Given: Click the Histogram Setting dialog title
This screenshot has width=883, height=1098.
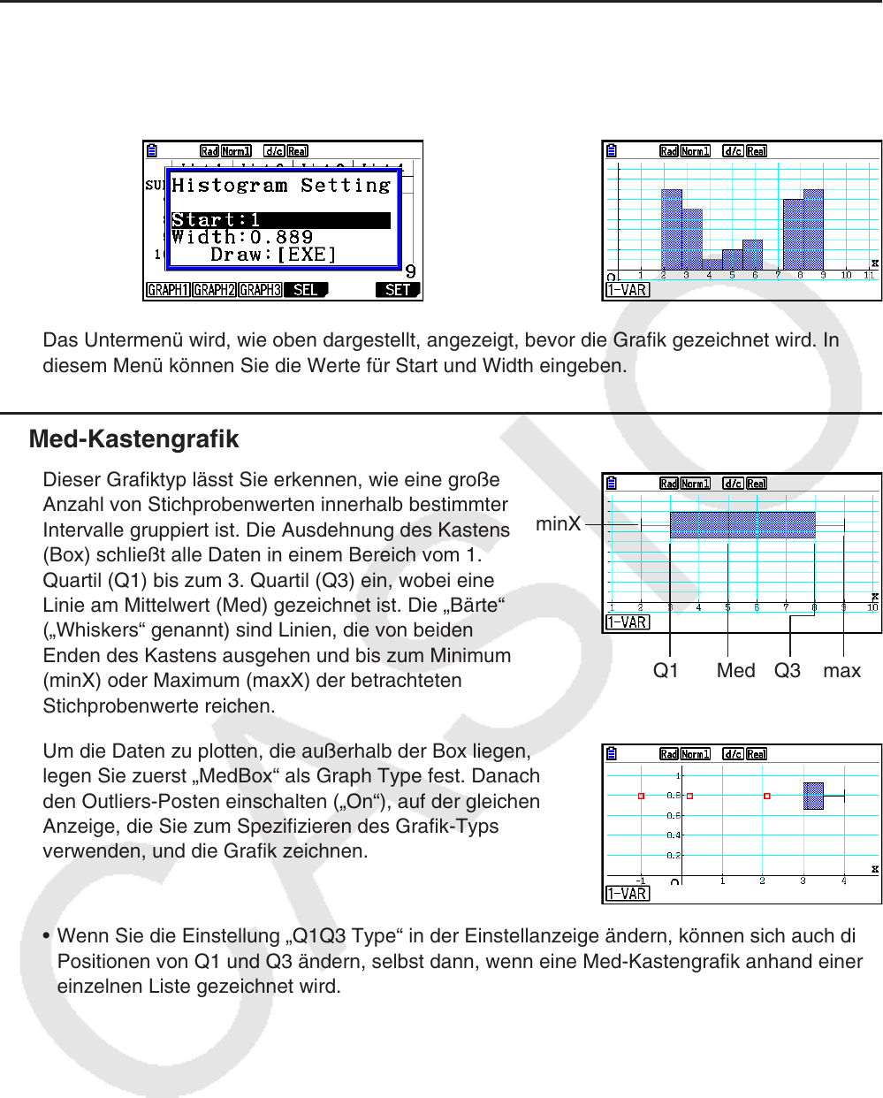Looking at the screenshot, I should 281,186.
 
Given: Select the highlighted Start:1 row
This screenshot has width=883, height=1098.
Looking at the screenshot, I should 280,220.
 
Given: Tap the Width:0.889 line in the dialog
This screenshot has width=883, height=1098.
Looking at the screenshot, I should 243,237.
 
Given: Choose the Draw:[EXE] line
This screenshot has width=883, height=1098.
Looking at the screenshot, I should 274,255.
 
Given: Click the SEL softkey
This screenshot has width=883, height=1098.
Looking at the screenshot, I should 306,290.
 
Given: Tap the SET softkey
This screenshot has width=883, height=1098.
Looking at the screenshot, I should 398,290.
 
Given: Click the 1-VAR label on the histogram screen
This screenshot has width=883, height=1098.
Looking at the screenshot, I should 627,290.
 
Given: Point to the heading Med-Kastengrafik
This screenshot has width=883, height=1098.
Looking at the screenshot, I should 134,439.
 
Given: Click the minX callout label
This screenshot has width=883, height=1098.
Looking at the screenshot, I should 559,524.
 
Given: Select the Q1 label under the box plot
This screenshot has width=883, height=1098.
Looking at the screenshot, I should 666,671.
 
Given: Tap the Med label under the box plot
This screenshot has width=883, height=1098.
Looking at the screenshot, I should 735,671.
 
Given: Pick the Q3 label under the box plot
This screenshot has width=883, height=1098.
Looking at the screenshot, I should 787,671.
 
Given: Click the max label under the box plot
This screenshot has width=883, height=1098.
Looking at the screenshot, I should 841,671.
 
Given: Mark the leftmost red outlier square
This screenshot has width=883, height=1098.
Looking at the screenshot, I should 642,797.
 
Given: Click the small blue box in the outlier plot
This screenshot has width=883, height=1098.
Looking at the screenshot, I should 813,796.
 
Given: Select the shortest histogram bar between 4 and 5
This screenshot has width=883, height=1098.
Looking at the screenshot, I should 712,264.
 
